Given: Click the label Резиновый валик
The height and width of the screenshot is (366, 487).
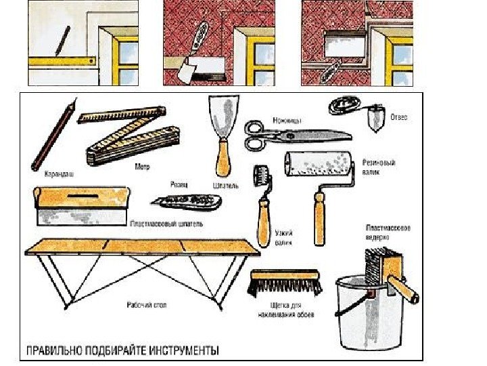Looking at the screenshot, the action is pos(379,167).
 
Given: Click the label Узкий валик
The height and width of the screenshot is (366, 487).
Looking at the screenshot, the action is pos(283,237).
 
